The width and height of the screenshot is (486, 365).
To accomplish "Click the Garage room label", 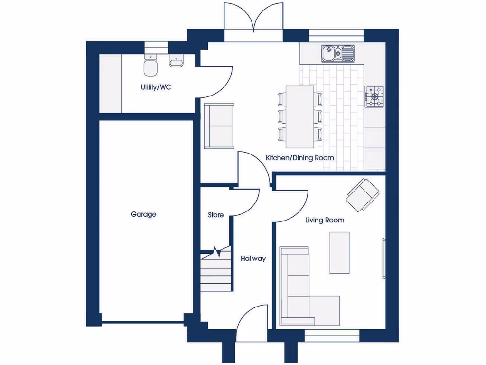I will click(143, 215).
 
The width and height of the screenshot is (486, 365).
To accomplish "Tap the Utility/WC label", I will click(155, 87).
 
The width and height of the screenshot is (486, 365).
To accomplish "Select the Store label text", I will click(215, 215).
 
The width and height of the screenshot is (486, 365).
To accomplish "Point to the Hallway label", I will click(253, 259).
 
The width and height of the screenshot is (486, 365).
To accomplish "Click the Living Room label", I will click(325, 220).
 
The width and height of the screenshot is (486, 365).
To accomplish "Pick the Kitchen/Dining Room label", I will click(299, 158).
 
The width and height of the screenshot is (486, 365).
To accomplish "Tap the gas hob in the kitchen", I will click(374, 96).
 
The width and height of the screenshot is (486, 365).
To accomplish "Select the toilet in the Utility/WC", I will click(150, 66).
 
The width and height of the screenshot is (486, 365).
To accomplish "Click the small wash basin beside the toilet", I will click(176, 62).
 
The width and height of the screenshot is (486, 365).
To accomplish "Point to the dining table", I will click(299, 116).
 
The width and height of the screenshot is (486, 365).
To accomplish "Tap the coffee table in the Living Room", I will click(339, 252).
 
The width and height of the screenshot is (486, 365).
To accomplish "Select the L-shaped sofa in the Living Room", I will click(304, 295).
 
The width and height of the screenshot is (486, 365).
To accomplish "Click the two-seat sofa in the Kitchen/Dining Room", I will click(219, 126).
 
